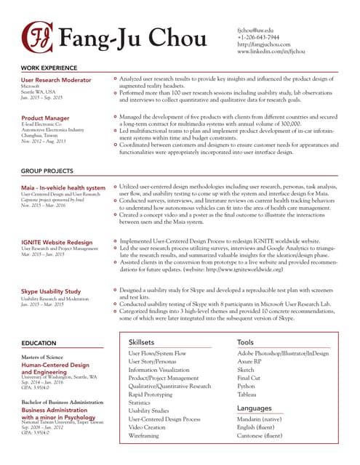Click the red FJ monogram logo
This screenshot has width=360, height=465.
pyautogui.click(x=37, y=36)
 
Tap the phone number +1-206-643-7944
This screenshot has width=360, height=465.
pyautogui.click(x=258, y=37)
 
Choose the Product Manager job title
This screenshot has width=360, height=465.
pyautogui.click(x=45, y=117)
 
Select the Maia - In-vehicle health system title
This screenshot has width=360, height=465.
pyautogui.click(x=63, y=187)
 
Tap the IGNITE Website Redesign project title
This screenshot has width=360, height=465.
pyautogui.click(x=57, y=241)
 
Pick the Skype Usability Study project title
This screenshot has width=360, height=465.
pyautogui.click(x=51, y=291)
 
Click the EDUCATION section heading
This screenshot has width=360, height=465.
pyautogui.click(x=39, y=342)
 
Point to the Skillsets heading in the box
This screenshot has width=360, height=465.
pyautogui.click(x=141, y=341)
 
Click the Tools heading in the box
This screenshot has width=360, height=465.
pyautogui.click(x=245, y=341)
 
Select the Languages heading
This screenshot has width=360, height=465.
pyautogui.click(x=254, y=408)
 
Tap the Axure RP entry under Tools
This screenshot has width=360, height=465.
pyautogui.click(x=250, y=361)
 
